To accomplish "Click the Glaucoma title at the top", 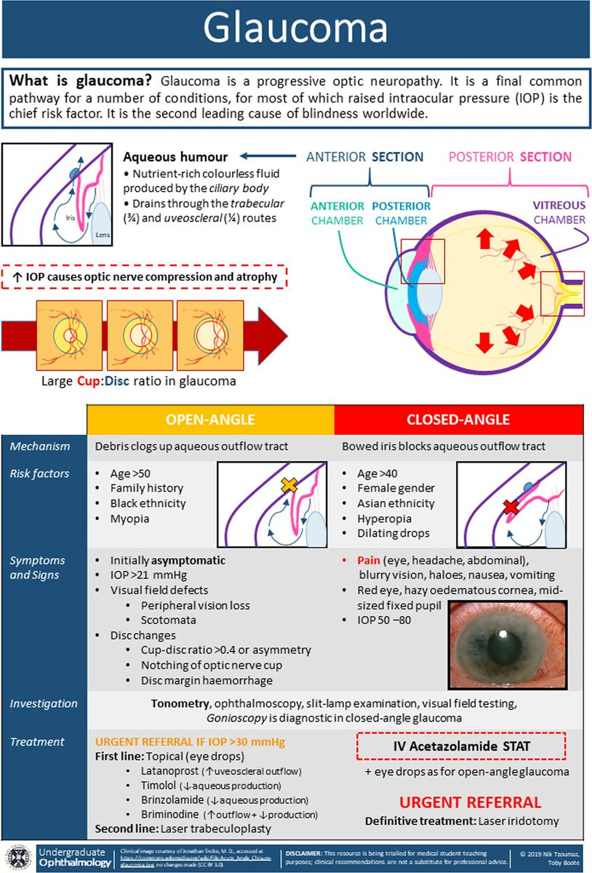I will (295, 29).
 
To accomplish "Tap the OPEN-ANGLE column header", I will (210, 420).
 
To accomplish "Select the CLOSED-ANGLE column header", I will (459, 420).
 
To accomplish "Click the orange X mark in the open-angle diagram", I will (288, 485).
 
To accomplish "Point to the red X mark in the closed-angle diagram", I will (511, 506).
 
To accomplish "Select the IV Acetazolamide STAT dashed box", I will (460, 745).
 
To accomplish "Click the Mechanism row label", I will (40, 446).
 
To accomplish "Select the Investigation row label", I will (44, 703).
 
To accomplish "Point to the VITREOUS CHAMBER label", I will (558, 212).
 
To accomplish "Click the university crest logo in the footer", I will (19, 857).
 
